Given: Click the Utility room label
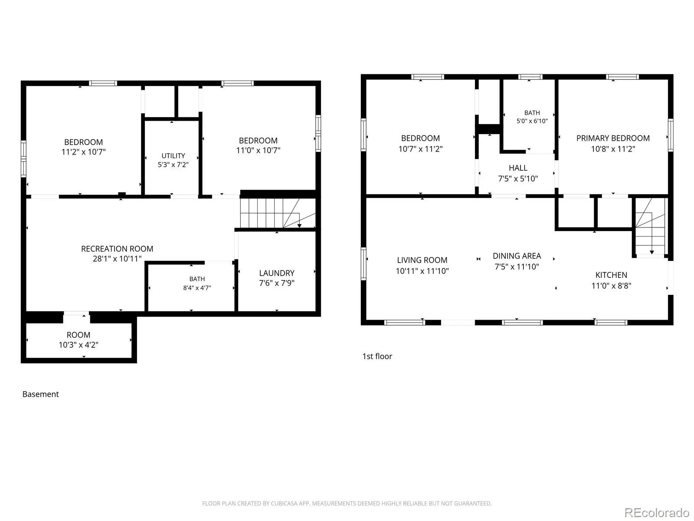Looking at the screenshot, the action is click(x=173, y=155).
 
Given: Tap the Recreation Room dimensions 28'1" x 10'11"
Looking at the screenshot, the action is click(x=117, y=259).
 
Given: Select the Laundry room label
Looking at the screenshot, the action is click(x=277, y=273).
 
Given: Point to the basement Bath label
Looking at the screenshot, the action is click(x=197, y=279).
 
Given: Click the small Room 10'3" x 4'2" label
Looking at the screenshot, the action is click(x=79, y=340).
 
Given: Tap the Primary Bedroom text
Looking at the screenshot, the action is click(x=613, y=138).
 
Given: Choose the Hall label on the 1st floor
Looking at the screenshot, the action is click(x=518, y=168).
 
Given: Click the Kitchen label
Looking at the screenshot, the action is click(x=611, y=275).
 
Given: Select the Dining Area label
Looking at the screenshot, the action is click(x=517, y=256).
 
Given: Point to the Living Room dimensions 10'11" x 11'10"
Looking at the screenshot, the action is click(x=422, y=271).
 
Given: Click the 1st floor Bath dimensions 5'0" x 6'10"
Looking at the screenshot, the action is click(x=532, y=121).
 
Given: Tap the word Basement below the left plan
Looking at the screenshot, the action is click(x=40, y=394).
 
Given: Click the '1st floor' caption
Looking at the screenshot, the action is click(x=377, y=356).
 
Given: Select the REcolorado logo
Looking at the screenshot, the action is click(x=657, y=512).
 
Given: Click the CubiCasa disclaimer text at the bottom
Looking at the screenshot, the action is click(x=347, y=503).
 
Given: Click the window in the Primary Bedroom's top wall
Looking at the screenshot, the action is click(x=622, y=77).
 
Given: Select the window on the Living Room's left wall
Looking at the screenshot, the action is click(x=363, y=264).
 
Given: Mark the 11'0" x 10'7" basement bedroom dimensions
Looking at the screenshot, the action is click(x=258, y=150).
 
